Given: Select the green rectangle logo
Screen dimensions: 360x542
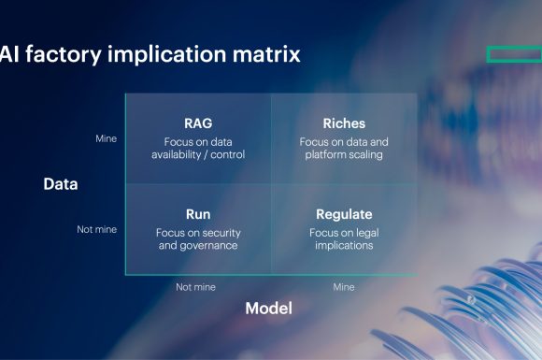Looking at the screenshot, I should pos(514,54).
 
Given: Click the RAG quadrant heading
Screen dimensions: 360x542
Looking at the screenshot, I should pos(198,123).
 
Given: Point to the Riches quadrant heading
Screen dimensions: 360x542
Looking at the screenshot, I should pos(343,123).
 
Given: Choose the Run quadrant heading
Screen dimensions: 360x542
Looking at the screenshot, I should pos(198,214).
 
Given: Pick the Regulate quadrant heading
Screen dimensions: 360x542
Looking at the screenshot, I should pos(343,214).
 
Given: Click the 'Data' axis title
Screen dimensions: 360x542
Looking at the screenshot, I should pos(61,184).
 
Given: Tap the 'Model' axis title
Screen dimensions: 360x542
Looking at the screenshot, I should pos(268,309).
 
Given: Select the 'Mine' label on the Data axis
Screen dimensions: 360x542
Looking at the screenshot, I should pos(106,138).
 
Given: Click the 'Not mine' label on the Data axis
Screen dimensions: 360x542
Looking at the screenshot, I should pos(96,229).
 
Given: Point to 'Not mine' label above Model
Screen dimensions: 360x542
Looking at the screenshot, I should pos(196,287).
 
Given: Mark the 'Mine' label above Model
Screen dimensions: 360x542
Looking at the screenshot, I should pos(343,287).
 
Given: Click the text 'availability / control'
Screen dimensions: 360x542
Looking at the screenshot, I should pos(198,155).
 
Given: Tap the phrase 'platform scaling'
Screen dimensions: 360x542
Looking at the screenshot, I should pos(343,155).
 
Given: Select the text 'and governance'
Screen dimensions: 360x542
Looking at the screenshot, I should pos(198,246).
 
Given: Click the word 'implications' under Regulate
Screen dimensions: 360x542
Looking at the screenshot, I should pos(343,246).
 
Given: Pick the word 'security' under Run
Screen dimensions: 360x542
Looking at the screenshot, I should pos(220,232).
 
